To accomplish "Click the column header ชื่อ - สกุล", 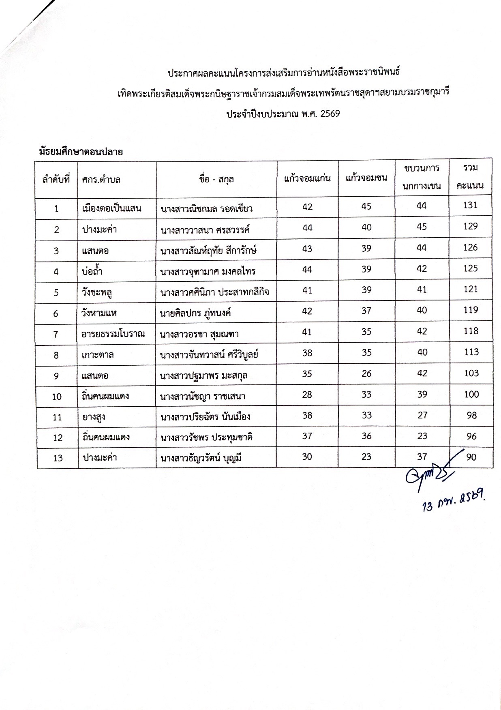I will [x=216, y=179].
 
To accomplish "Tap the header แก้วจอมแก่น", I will [x=307, y=178].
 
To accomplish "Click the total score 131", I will [x=470, y=205].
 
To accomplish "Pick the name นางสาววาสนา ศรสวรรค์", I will [x=205, y=230].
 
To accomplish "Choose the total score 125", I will [x=470, y=268].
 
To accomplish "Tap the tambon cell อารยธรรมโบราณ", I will [x=113, y=334].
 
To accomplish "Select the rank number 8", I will [x=56, y=355].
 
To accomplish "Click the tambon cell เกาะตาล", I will [x=97, y=355].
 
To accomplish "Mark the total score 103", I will [x=471, y=373].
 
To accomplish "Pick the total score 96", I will [x=471, y=437].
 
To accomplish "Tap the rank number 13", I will [x=58, y=458].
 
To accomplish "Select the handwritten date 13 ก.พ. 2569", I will [x=453, y=502].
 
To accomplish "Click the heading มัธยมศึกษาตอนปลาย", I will [x=81, y=152].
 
